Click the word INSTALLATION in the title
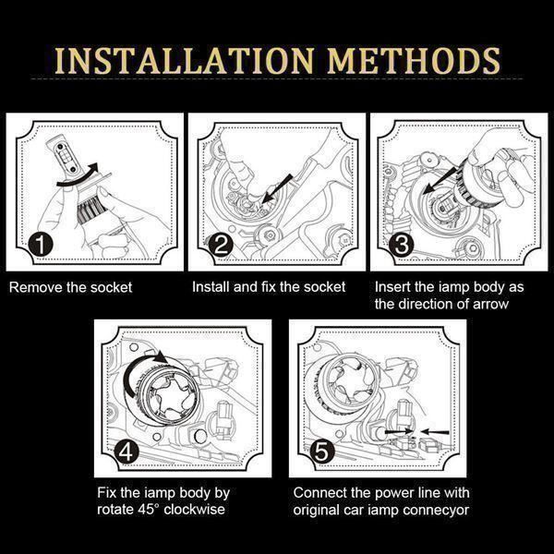point(184,61)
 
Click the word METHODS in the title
point(414,61)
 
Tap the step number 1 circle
point(41,244)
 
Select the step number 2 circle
point(221,245)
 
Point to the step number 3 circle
point(402,245)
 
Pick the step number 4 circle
point(126,452)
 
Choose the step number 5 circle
point(322,452)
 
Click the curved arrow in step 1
point(78,175)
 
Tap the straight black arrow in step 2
point(277,189)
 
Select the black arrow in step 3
point(441,178)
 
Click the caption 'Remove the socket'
point(70,287)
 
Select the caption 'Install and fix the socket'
point(269,287)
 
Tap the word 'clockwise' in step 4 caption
point(194,510)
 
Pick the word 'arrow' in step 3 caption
point(491,304)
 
